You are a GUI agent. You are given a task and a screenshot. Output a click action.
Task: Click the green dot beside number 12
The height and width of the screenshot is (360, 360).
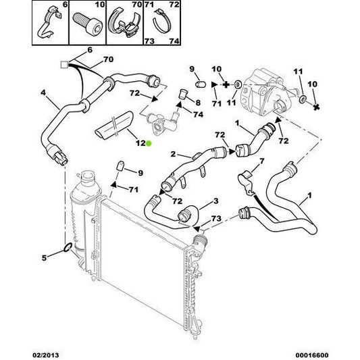click(149, 144)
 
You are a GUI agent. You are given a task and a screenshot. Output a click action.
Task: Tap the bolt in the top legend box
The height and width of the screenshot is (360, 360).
click(88, 24)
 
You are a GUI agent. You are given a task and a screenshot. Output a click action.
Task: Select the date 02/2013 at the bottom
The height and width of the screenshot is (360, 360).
click(45, 355)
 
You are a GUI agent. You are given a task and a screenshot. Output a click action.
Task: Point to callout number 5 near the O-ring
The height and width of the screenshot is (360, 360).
click(44, 258)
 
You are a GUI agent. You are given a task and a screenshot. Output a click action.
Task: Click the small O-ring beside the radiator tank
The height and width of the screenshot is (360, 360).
click(68, 247)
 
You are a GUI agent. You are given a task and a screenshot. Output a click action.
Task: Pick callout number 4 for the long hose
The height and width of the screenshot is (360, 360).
click(43, 93)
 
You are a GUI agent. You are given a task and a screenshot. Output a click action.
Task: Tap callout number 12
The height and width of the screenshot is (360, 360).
click(140, 143)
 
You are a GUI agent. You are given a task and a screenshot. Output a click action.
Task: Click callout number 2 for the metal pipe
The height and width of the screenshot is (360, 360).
click(173, 154)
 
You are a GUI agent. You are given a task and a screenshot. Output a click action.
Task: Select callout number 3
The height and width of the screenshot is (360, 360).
click(216, 201)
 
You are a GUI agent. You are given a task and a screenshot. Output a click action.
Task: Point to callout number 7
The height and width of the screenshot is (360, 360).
click(262, 161)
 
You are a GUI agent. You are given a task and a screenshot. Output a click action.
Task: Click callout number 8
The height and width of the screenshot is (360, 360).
click(198, 103)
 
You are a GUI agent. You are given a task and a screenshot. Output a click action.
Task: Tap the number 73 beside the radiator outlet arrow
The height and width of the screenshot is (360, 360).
click(216, 219)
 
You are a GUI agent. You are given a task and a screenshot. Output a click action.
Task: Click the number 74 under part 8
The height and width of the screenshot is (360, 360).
click(199, 114)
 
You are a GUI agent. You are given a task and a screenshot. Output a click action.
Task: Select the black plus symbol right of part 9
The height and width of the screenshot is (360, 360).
click(226, 84)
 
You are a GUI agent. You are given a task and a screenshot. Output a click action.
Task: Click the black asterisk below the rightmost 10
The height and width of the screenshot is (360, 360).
click(316, 107)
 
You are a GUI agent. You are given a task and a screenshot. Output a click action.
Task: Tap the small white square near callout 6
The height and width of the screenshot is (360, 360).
click(64, 65)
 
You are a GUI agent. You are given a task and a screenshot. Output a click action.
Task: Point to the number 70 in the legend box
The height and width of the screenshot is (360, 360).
click(137, 4)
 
